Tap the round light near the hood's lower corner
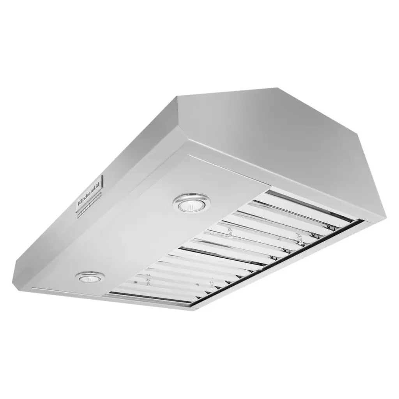(x=90, y=277)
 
